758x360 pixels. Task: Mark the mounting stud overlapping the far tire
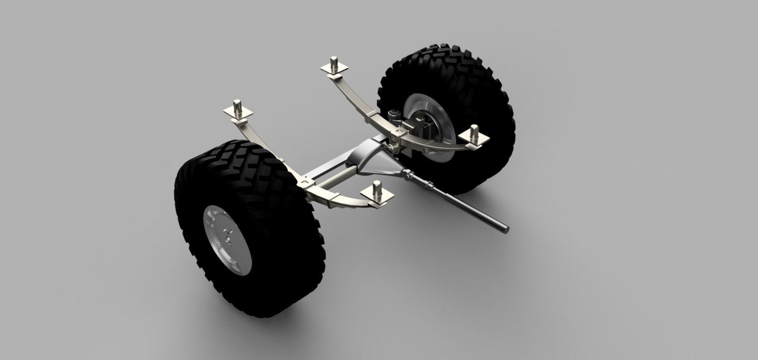pyautogui.click(x=473, y=133)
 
